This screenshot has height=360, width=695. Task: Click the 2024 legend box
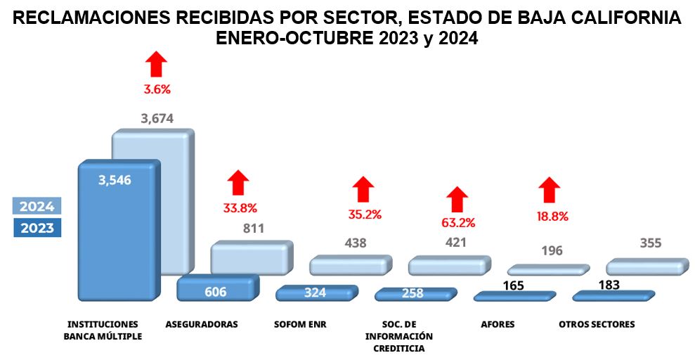coord(37,206)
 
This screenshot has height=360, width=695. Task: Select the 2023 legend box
coord(37,228)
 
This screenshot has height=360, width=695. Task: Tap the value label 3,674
coord(157,119)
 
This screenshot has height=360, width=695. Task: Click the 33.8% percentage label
coord(240,208)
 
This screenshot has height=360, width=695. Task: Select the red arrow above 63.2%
coord(458,199)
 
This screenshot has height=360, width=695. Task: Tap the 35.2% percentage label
coord(364,214)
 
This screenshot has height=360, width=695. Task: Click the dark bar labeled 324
coord(316,292)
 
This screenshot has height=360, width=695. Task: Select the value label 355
coord(650,243)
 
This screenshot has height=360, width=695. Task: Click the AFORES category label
coord(498,325)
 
